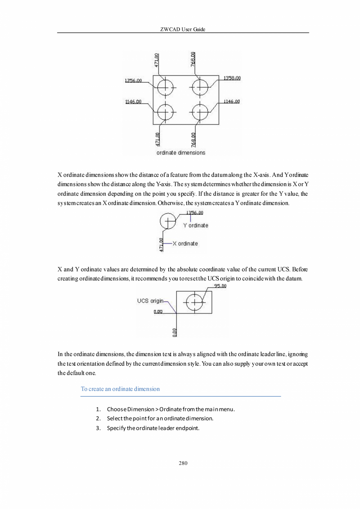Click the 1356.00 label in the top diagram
(x=133, y=80)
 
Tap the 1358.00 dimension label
(x=232, y=78)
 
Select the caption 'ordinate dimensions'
(x=181, y=153)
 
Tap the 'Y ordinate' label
(x=196, y=226)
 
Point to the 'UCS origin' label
(x=150, y=301)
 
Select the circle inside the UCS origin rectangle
(x=194, y=302)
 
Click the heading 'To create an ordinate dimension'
(x=120, y=389)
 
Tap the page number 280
(x=183, y=463)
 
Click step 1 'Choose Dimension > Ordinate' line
(x=171, y=410)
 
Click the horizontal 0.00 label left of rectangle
(x=158, y=312)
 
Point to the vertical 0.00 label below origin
(x=175, y=332)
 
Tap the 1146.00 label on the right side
(x=231, y=101)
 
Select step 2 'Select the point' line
(x=160, y=419)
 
